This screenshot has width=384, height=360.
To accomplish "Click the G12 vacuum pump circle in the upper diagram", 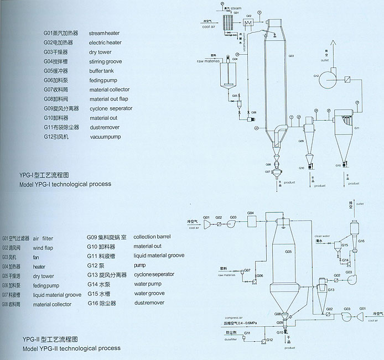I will click(x=332, y=74).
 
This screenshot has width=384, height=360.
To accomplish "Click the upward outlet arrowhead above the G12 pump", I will click(x=331, y=43).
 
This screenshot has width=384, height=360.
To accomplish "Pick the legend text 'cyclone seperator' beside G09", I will click(x=111, y=108).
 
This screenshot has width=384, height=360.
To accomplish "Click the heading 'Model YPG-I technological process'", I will click(x=65, y=184).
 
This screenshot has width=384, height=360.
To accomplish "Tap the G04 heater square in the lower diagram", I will click(x=250, y=220).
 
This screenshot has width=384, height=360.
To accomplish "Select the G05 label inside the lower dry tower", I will click(x=288, y=252).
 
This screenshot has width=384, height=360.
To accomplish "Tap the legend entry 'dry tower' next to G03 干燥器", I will click(x=100, y=52).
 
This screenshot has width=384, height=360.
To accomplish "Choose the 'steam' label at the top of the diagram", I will click(x=236, y=9).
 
